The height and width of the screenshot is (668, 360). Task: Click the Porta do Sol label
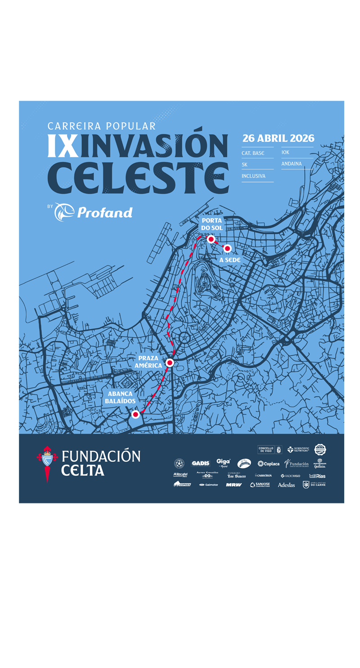point(211,224)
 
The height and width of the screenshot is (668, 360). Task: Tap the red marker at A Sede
point(227,248)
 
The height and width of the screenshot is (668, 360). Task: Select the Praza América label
point(148,362)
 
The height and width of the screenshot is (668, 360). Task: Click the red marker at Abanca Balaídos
point(135,414)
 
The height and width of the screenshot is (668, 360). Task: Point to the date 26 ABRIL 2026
point(278,138)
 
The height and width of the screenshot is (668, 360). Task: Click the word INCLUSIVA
point(253,176)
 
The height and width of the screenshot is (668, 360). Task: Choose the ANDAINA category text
point(292,164)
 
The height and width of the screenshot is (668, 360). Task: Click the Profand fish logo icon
point(64,212)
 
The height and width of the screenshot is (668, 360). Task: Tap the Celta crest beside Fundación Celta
point(47,463)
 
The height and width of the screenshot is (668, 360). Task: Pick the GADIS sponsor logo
point(200,463)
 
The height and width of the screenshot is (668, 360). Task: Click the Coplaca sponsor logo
point(269,464)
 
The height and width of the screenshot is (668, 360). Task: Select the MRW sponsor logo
point(234,484)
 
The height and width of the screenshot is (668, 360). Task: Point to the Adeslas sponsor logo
point(286,485)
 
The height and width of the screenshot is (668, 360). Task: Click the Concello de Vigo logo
point(269,449)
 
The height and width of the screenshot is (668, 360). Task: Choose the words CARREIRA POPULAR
point(102,126)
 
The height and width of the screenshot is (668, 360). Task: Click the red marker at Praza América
point(170,363)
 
